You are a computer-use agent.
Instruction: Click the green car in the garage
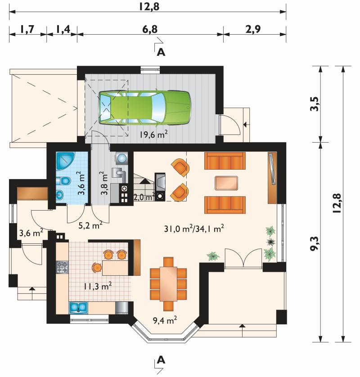point(145,108)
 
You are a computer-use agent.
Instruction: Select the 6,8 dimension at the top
point(149,29)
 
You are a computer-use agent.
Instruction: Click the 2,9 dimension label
point(253,29)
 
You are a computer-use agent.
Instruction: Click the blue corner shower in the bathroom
point(65,161)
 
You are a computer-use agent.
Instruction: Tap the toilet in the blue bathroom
point(63,181)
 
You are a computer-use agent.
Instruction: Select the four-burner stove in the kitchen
point(62,267)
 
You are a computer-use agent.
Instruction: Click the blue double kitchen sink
point(78,307)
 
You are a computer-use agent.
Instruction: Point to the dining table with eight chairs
point(168,284)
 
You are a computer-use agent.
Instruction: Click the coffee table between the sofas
point(226,183)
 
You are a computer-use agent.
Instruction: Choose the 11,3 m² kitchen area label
point(98,286)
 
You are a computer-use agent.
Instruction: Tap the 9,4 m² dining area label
point(165,320)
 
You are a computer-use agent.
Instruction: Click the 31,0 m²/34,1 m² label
point(194,229)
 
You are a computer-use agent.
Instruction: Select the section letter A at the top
point(161,52)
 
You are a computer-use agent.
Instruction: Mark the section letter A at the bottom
point(161,360)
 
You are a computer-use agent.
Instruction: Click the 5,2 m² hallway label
point(90,225)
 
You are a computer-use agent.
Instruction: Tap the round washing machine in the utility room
point(121,158)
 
